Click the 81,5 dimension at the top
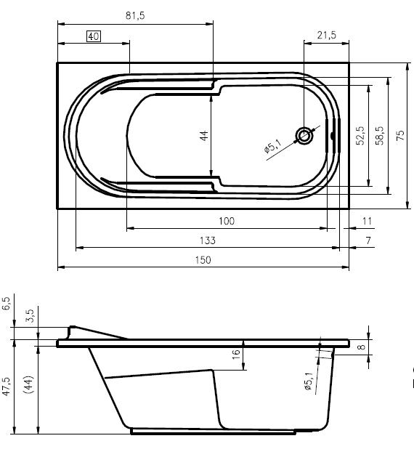coord(135,15)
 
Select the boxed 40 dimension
coord(94,37)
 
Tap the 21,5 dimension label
coord(327,35)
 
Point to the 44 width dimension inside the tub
coord(204,136)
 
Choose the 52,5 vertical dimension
coord(360,136)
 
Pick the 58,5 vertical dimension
coord(380,136)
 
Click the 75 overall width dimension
coord(400,136)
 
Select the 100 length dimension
coord(227,221)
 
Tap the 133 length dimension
coord(208,240)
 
